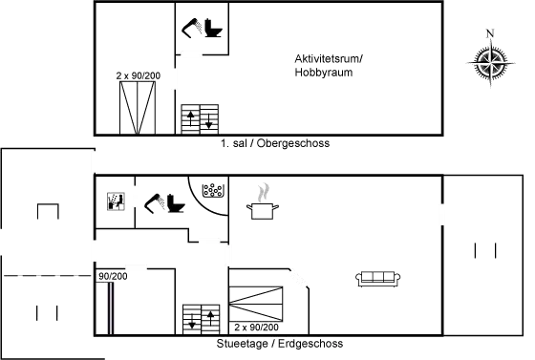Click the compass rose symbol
click(491, 63)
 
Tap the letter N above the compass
click(490, 33)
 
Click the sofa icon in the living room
click(378, 279)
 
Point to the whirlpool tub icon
click(212, 191)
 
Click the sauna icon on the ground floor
click(116, 201)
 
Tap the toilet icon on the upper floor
click(213, 29)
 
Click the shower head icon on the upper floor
click(192, 28)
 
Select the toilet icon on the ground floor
click(176, 203)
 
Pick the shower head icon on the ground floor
click(155, 203)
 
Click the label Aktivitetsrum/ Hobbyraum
click(329, 66)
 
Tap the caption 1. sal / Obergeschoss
click(275, 143)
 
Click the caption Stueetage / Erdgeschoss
click(280, 344)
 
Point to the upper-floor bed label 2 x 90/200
click(139, 75)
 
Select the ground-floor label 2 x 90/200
click(256, 328)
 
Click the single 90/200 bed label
click(113, 276)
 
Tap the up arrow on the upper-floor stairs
click(190, 118)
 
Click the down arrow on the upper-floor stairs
click(209, 121)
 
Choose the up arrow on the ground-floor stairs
click(210, 318)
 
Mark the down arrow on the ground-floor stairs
click(192, 321)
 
